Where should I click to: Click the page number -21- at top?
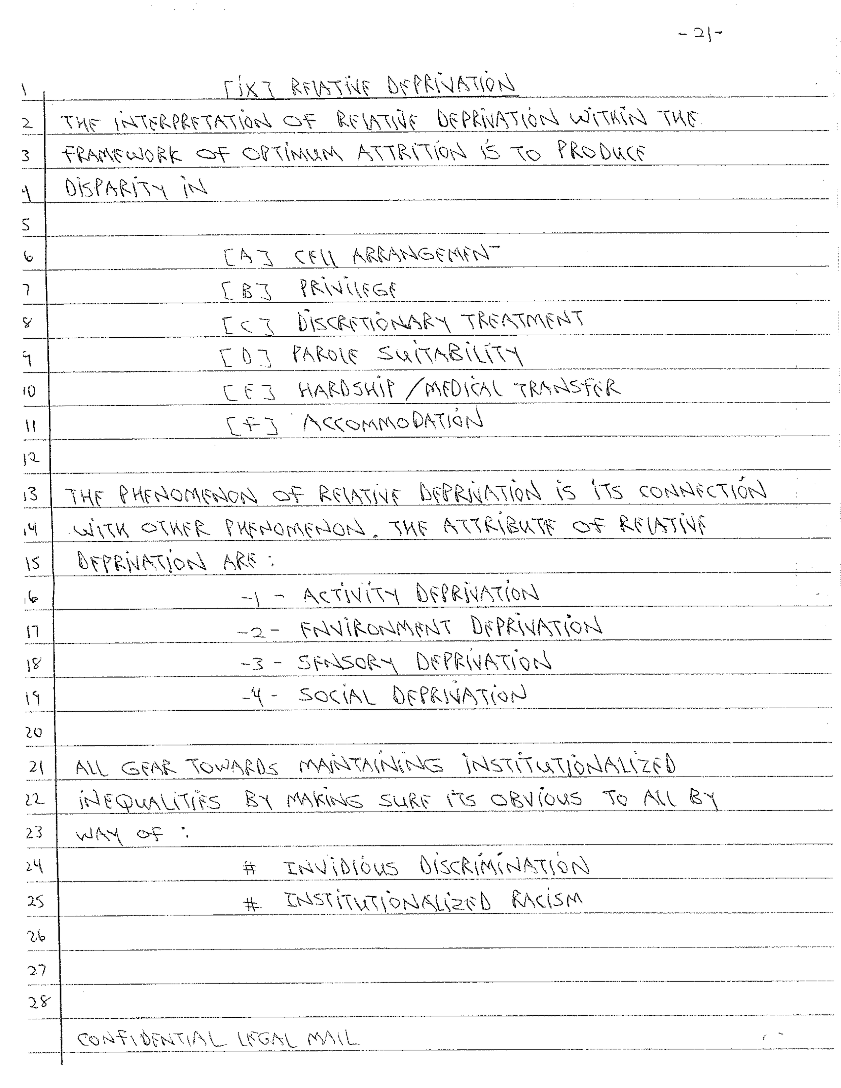(x=700, y=34)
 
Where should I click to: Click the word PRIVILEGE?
(x=348, y=289)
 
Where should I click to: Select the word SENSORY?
(x=347, y=663)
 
